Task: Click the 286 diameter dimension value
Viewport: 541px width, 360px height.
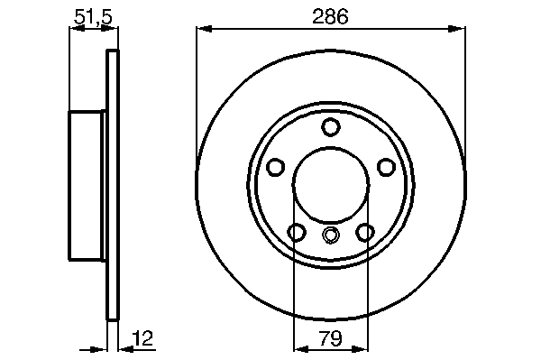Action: (330, 16)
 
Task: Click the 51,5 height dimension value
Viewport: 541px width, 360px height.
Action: (94, 16)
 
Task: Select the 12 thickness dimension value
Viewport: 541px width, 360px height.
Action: (142, 338)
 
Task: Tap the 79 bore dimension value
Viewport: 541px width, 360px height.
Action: (330, 338)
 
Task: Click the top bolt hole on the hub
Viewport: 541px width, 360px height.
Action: (331, 126)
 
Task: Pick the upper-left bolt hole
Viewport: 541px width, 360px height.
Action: (276, 167)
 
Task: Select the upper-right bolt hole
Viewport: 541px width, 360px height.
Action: (386, 167)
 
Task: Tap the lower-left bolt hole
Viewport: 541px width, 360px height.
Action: (297, 232)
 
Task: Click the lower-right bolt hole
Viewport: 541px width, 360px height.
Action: (364, 232)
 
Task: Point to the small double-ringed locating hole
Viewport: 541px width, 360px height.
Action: (331, 235)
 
